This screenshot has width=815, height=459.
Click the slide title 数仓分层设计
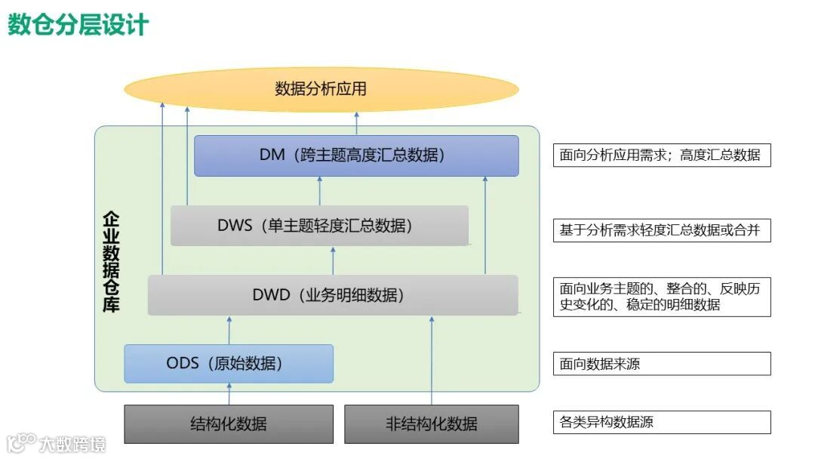(x=78, y=24)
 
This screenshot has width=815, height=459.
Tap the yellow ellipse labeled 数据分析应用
(x=321, y=89)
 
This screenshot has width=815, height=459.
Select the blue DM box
(x=356, y=156)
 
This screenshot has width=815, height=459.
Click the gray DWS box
(x=318, y=225)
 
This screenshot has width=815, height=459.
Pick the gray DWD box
(x=332, y=295)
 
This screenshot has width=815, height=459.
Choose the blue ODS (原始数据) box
(x=228, y=364)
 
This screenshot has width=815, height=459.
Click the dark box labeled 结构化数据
(x=228, y=424)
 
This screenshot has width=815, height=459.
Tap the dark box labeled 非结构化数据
(x=431, y=424)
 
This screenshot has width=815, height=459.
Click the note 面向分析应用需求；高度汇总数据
(x=661, y=156)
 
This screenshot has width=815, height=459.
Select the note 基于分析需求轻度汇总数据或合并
(x=661, y=230)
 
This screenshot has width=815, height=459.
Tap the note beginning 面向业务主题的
(x=661, y=297)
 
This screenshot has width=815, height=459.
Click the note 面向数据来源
(x=661, y=364)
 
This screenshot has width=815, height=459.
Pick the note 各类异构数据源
(x=661, y=422)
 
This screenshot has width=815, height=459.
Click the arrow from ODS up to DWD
(x=229, y=330)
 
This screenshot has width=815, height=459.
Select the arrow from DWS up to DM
(x=319, y=191)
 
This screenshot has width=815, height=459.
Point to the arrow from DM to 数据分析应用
(x=357, y=123)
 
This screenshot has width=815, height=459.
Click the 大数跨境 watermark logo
(x=57, y=442)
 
